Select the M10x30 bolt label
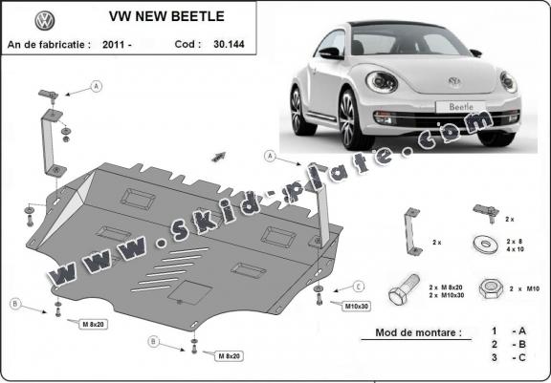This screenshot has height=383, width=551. (x=356, y=306)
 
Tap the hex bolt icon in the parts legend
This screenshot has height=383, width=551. (x=402, y=288)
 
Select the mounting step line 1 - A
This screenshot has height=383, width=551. (x=506, y=330)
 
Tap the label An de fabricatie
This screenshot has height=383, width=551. (x=49, y=44)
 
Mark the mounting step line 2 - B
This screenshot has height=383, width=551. (x=506, y=343)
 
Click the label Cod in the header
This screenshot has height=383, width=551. (x=190, y=44)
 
